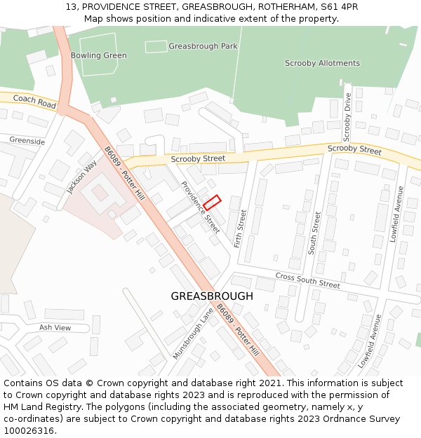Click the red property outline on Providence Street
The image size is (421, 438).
click(212, 203)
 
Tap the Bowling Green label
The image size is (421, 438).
click(98, 55)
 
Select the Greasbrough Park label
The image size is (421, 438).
click(203, 46)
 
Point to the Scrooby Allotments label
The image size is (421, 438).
click(322, 63)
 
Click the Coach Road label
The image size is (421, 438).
click(34, 102)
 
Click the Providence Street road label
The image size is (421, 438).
click(201, 207)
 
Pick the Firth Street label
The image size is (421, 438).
click(239, 229)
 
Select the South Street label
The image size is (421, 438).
click(315, 232)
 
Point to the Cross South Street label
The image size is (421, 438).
click(307, 280)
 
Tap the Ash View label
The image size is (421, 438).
click(55, 327)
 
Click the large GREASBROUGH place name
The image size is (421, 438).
click(212, 296)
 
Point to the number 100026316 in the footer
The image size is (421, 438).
click(29, 431)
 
